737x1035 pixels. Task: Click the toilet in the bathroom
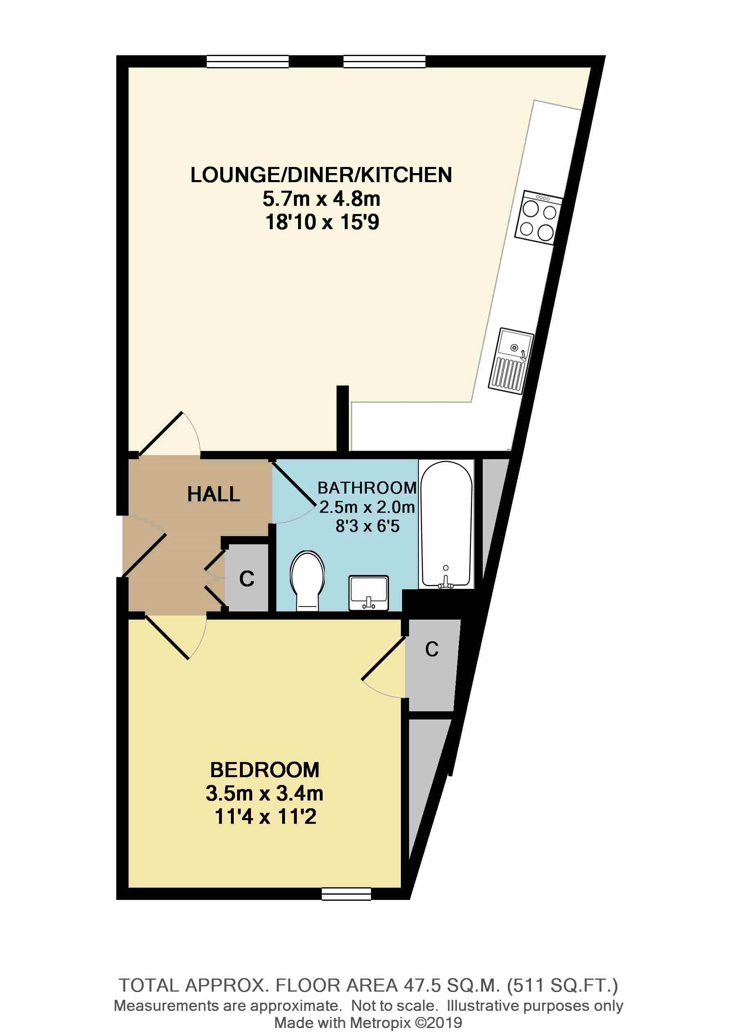(307, 581)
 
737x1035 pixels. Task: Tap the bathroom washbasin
(368, 592)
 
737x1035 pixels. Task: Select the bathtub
(446, 525)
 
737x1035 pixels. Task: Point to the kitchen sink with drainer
(511, 360)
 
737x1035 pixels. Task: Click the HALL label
(213, 494)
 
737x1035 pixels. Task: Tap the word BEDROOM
(265, 770)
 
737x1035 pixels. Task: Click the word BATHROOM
(367, 488)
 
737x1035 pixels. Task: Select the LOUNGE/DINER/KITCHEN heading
(321, 175)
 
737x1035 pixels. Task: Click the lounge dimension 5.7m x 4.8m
(321, 198)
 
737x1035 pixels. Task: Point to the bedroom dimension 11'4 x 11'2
(265, 817)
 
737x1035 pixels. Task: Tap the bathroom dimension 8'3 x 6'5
(367, 526)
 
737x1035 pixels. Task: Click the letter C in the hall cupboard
(247, 579)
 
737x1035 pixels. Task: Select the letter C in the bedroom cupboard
(432, 649)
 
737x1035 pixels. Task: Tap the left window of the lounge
(248, 61)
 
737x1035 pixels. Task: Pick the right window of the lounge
(384, 61)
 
